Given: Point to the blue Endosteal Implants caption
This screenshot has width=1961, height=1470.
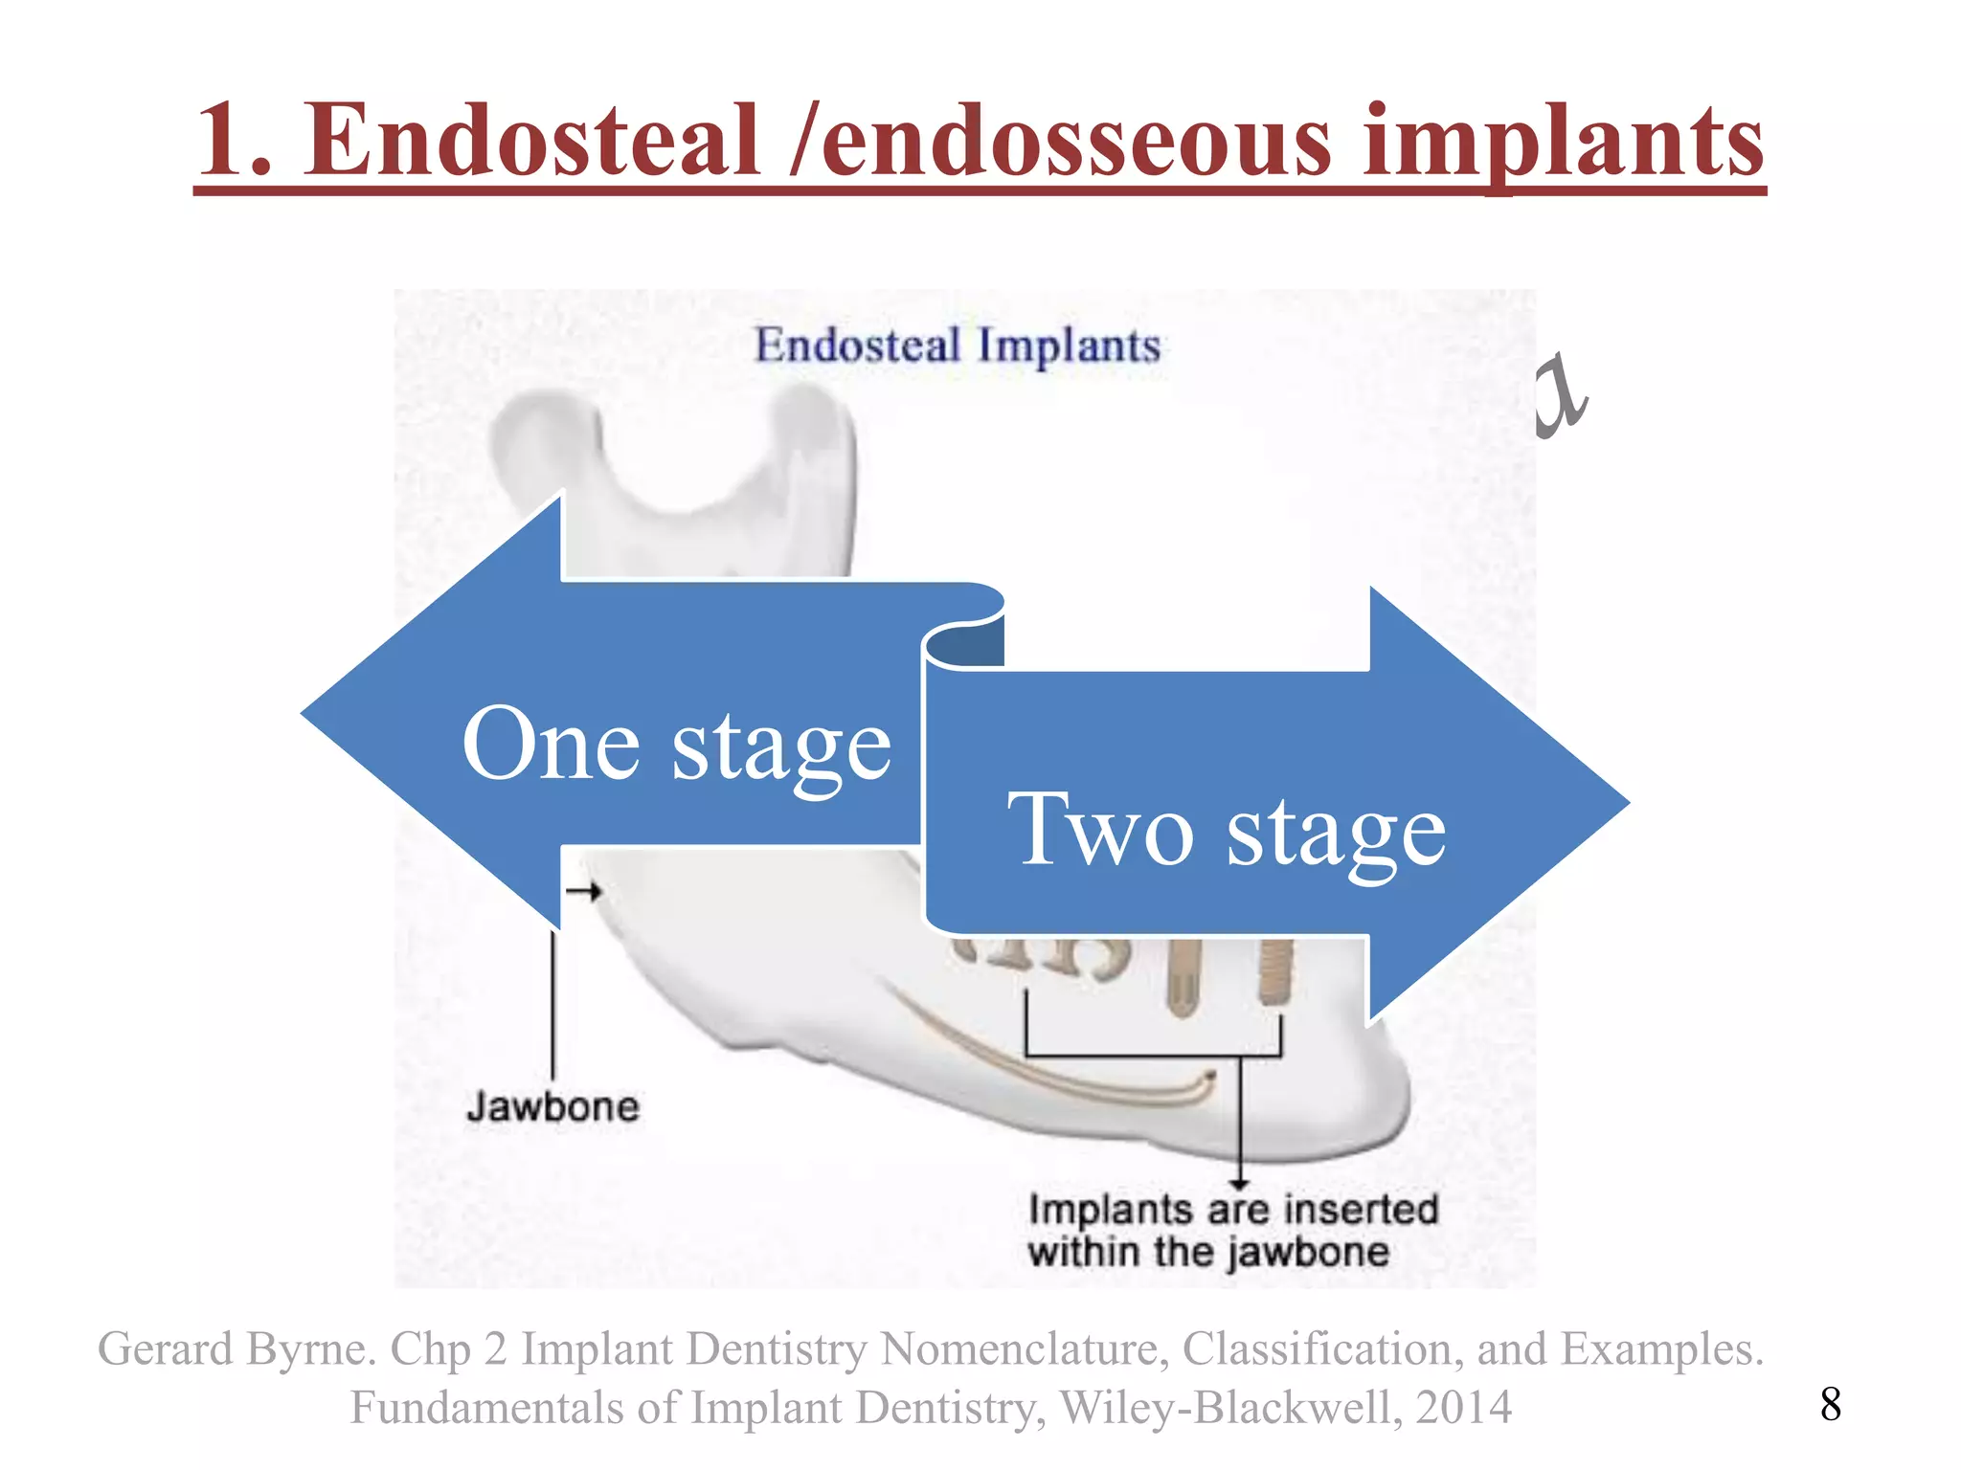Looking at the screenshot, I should click(x=958, y=345).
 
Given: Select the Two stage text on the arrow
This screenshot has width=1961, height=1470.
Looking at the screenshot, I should click(x=1227, y=830).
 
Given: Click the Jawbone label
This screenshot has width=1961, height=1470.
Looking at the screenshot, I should click(x=553, y=1107).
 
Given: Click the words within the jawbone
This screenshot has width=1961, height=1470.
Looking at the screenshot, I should click(x=1208, y=1252).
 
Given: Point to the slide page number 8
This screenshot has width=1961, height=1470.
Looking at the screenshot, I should click(x=1830, y=1404).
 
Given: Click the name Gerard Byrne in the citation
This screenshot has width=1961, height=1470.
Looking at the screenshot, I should click(x=236, y=1349).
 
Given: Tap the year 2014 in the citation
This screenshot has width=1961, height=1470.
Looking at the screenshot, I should click(x=1464, y=1407).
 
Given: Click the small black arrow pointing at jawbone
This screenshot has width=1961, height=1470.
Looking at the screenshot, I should click(x=583, y=892).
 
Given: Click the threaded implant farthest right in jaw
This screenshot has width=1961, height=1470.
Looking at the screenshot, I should click(x=1274, y=971).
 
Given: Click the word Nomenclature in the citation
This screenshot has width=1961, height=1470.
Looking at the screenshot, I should click(x=1024, y=1349).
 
